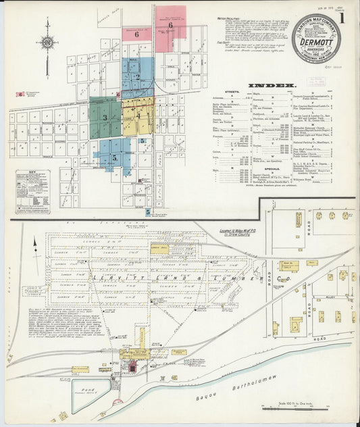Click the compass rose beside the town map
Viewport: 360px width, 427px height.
[x=47, y=43]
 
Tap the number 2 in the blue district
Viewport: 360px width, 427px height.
[x=138, y=76]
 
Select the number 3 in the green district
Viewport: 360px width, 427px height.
[x=105, y=118]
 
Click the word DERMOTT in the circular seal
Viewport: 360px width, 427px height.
[x=317, y=41]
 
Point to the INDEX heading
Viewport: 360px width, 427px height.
[x=272, y=86]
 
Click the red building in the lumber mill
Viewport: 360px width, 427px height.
[x=132, y=367]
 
